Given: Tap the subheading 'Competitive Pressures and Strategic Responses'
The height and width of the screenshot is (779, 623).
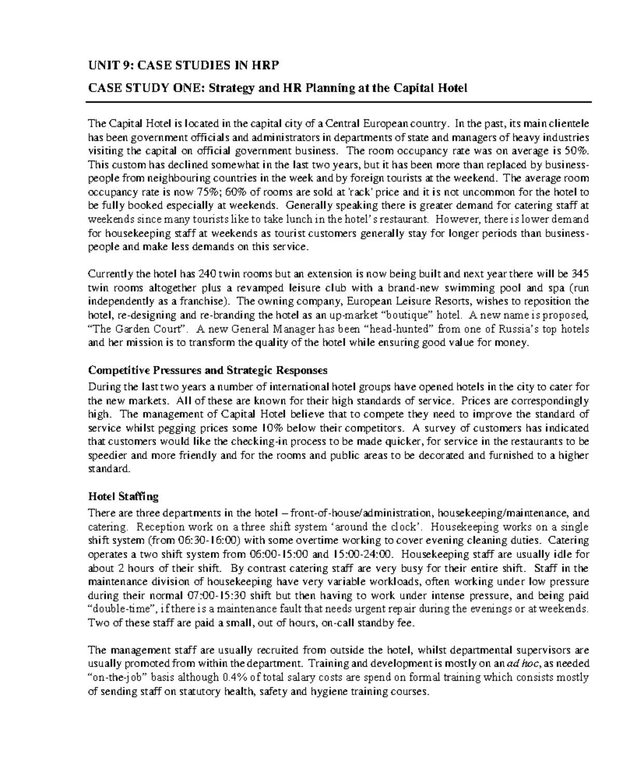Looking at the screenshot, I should pyautogui.click(x=208, y=370).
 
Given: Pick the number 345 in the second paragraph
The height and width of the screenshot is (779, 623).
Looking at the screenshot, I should pyautogui.click(x=579, y=274).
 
